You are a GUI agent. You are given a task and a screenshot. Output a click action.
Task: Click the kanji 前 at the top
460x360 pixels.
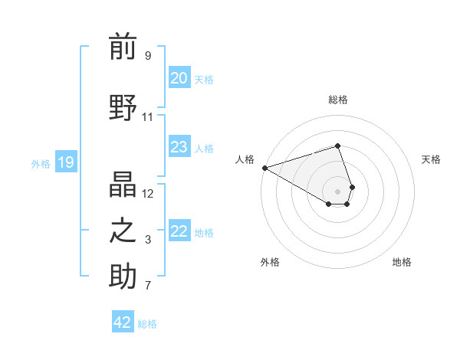123,47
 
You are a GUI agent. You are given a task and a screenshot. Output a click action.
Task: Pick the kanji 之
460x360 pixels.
123,231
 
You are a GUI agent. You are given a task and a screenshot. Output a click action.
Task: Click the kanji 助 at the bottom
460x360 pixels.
123,277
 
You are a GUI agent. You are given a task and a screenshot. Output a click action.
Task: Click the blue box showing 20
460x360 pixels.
179,78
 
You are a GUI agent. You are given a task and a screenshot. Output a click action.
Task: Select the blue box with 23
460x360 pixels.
179,147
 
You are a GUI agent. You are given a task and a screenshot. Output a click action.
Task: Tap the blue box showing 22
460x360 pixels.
179,232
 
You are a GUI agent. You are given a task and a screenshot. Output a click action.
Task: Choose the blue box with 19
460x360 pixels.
66,162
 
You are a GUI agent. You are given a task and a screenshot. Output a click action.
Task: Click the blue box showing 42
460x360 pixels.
123,322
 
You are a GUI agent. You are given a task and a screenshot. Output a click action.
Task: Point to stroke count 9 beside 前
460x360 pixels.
148,56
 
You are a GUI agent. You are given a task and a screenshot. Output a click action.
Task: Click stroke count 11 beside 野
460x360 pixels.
148,117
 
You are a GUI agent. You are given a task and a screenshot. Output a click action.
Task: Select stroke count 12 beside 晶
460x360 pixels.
148,193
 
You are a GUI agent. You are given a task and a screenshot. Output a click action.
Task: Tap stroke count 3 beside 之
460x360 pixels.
148,241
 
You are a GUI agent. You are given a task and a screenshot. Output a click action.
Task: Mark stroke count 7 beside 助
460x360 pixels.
148,286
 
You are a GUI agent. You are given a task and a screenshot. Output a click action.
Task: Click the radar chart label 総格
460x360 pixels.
337,100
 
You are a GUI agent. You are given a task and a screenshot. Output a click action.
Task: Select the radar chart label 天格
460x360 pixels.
432,159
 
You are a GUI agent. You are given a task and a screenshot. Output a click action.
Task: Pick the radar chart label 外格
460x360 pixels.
270,263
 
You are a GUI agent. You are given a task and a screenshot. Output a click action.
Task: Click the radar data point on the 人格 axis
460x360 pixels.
264,168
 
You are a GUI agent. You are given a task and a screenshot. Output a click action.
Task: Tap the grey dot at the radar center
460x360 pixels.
337,191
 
